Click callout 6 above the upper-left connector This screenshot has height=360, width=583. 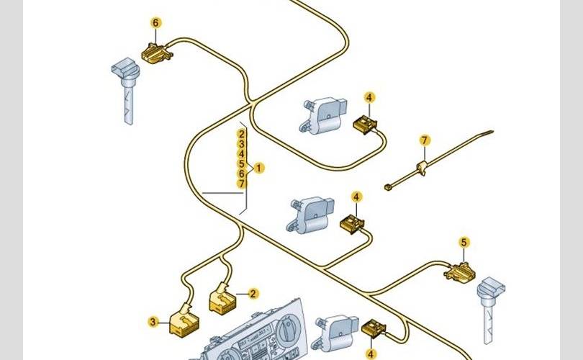coord(156,22)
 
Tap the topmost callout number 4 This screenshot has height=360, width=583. coord(369,97)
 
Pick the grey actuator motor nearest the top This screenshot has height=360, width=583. coord(321,114)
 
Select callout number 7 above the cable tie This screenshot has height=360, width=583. coord(425,140)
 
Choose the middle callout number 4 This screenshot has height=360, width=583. coord(356,196)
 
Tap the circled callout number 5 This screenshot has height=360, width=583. coord(464,243)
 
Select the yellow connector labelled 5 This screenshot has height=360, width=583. coord(460,271)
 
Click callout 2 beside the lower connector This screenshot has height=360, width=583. coord(253,293)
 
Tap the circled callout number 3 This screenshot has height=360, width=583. coord(154,322)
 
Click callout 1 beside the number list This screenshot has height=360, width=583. coord(259,168)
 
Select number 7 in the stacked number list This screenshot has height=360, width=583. coord(242,184)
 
